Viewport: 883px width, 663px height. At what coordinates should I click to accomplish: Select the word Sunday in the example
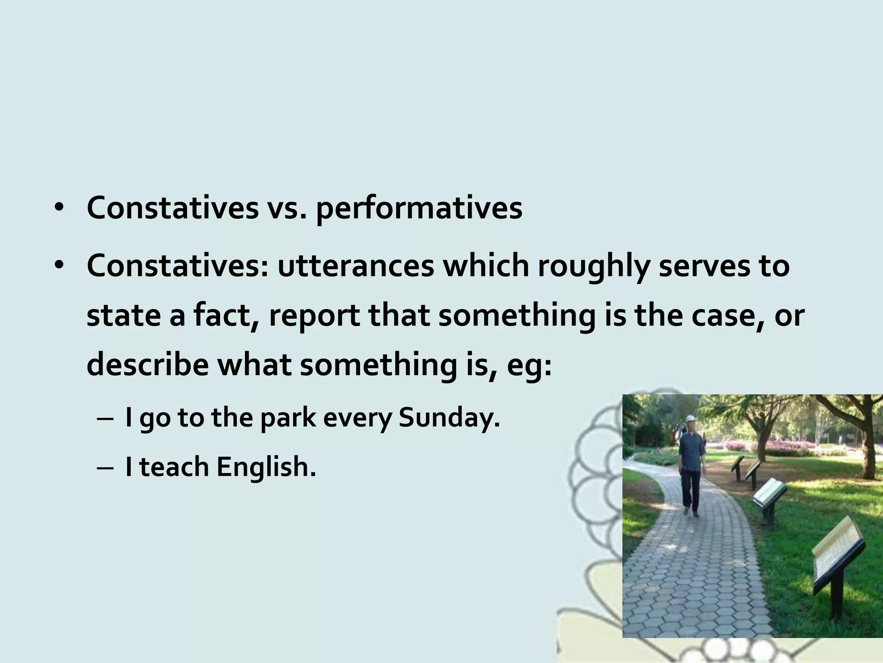tap(448, 418)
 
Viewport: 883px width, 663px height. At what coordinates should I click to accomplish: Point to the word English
tap(266, 467)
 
